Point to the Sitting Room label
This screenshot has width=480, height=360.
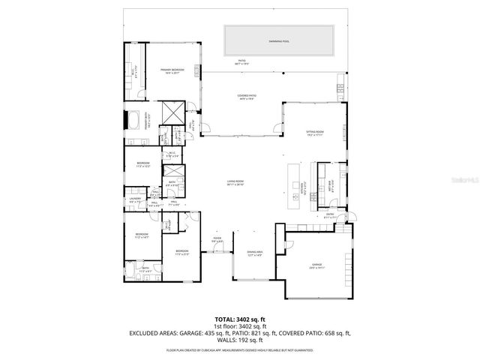(313, 133)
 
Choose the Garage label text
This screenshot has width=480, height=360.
(316, 265)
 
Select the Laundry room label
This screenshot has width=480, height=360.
(135, 200)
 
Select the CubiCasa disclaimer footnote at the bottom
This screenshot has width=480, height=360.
(240, 349)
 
